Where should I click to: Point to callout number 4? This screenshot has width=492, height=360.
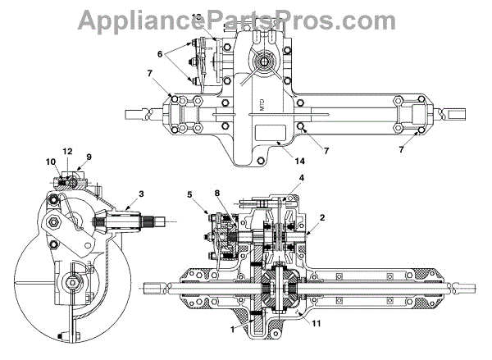click(x=302, y=178)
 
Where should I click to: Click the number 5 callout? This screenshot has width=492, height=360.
click(x=190, y=194)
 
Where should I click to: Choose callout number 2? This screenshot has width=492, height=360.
click(x=322, y=218)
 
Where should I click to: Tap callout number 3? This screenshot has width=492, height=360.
click(x=142, y=194)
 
